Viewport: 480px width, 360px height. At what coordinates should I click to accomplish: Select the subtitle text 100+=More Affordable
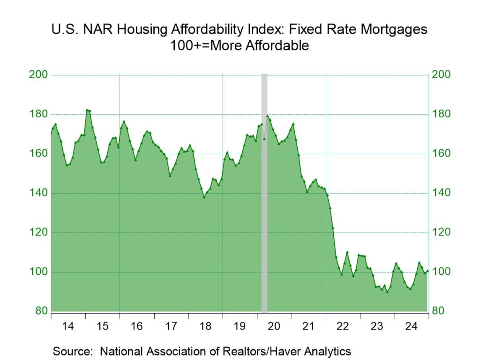tap(240, 46)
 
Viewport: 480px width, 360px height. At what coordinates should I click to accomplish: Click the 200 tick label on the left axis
tap(40, 75)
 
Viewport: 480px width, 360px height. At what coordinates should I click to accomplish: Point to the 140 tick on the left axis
tap(40, 193)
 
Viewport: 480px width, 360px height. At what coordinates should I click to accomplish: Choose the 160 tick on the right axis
tap(441, 154)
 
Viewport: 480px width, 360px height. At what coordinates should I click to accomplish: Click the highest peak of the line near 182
tap(87, 110)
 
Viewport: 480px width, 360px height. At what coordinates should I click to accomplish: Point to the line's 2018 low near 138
tap(204, 197)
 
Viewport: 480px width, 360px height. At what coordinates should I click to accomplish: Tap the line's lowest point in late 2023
tap(387, 292)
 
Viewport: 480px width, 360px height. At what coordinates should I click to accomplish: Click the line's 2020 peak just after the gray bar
tap(267, 116)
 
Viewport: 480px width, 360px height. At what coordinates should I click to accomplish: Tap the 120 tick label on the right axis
tap(441, 232)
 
